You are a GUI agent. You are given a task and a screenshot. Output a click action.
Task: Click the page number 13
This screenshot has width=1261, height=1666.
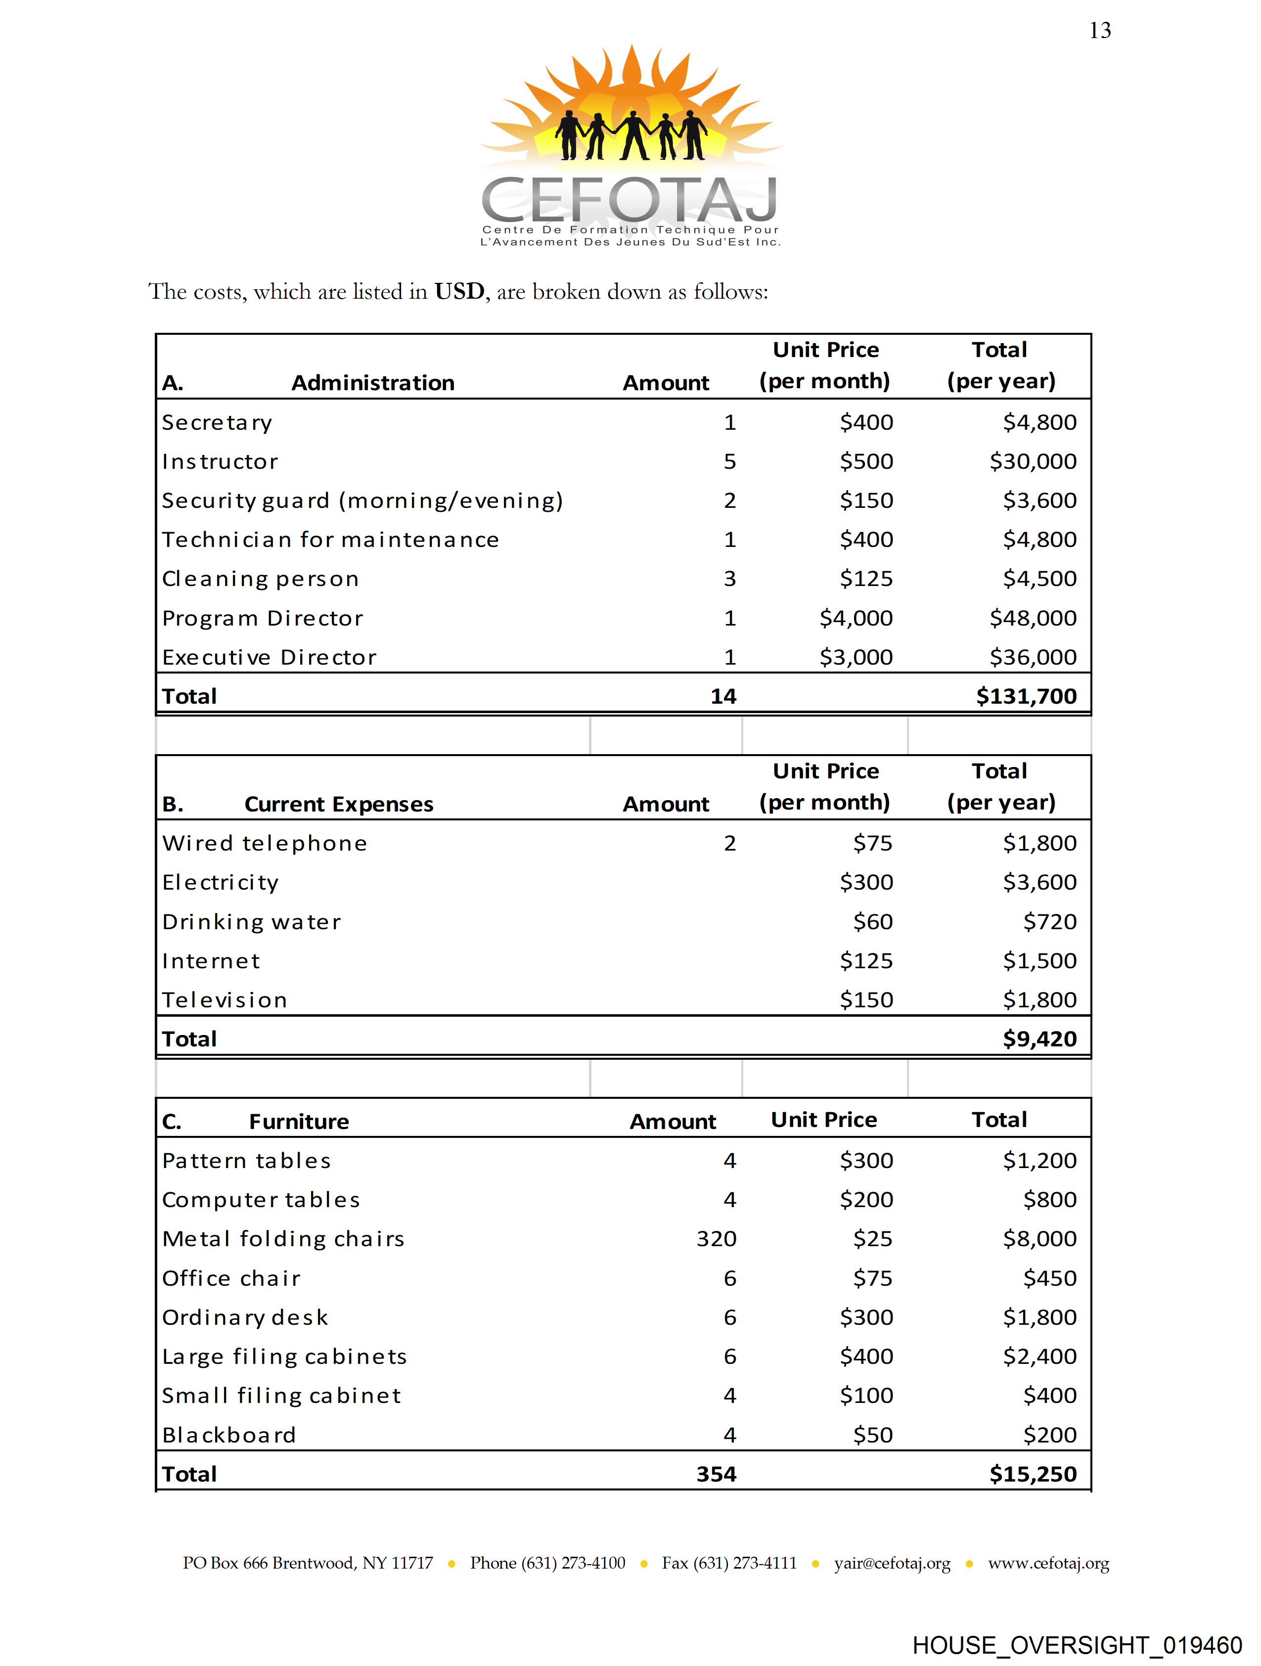(1100, 31)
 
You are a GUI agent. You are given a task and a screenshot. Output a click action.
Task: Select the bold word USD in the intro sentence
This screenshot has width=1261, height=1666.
(459, 291)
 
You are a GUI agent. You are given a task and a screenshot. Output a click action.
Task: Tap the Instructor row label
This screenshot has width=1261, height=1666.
(220, 462)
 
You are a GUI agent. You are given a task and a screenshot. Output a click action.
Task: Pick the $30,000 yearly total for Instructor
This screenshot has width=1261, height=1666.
(1033, 462)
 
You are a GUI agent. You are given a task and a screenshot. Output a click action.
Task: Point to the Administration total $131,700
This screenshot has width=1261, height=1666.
(1026, 697)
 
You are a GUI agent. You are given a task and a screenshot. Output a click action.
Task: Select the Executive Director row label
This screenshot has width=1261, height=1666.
(269, 658)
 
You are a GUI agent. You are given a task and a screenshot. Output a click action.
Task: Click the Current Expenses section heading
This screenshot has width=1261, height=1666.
(339, 805)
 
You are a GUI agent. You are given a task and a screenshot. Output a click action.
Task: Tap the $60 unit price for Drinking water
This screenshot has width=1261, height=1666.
(872, 922)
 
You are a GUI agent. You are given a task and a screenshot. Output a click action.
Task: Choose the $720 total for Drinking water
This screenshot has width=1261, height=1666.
(1049, 922)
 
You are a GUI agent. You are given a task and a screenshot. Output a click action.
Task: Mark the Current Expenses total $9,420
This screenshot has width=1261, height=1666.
(1039, 1039)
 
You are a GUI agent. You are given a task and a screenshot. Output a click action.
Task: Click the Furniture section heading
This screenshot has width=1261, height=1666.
(299, 1122)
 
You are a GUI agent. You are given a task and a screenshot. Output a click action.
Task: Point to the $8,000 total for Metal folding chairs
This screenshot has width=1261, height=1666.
(1039, 1239)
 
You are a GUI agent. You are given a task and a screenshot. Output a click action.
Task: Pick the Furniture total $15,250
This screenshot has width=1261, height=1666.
(1033, 1474)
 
